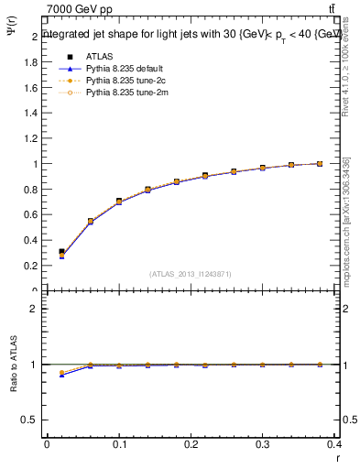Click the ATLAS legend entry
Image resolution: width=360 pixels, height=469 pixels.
(x=97, y=55)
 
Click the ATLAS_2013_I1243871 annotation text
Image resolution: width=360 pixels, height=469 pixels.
(x=191, y=274)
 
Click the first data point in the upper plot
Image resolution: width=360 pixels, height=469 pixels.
(x=61, y=252)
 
